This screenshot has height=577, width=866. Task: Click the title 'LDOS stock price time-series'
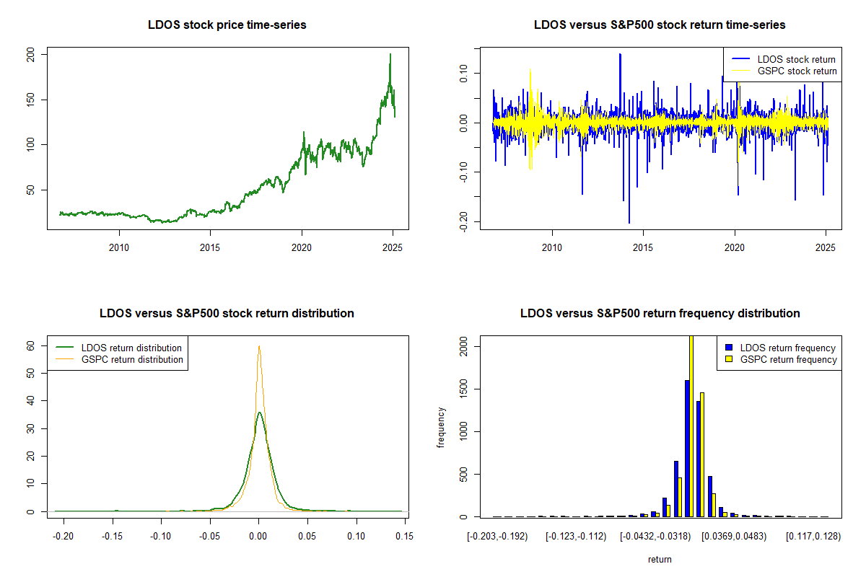click(227, 25)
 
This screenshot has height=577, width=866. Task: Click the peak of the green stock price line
click(390, 54)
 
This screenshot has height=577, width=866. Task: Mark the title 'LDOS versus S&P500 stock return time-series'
click(660, 25)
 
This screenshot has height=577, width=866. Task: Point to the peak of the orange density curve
click(258, 346)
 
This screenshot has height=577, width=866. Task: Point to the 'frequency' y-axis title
click(441, 428)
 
